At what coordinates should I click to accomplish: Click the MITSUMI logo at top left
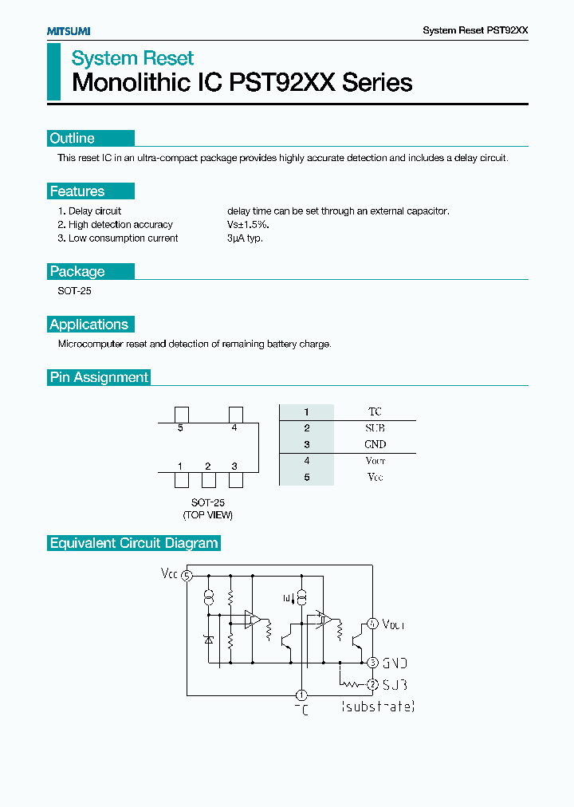coord(68,30)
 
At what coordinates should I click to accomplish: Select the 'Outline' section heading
coord(73,139)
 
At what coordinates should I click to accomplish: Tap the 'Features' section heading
coord(77,191)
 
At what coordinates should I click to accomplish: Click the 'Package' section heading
coord(77,272)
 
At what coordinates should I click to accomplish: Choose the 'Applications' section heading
coord(88,325)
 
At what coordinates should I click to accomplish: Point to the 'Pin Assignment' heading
coord(99,377)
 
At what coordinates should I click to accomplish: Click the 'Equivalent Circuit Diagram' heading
coord(134,543)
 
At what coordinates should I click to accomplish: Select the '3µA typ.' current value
coord(245,238)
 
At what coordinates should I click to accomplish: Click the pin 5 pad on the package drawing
coord(181,414)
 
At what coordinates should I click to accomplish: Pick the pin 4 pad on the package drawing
coord(235,414)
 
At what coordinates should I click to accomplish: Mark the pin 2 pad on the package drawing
coord(208,480)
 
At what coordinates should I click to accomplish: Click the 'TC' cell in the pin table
coord(375,411)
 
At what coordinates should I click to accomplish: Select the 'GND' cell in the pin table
coord(375,444)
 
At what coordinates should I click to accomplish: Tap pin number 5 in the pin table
coord(306,477)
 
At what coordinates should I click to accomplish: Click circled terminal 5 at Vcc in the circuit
coord(187,576)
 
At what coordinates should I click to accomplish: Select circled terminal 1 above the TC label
coord(301,695)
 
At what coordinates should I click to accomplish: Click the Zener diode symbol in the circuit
coord(208,640)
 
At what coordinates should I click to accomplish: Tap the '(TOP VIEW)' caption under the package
coord(208,515)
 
